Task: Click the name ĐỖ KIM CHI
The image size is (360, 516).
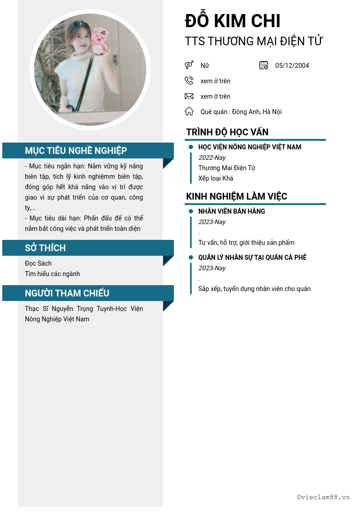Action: click(x=233, y=21)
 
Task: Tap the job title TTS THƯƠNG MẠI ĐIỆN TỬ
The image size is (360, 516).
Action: click(x=254, y=41)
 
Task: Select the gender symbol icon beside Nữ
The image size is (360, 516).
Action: click(x=189, y=65)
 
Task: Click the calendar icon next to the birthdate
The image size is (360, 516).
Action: click(x=264, y=65)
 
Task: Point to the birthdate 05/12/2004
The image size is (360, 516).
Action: click(x=292, y=66)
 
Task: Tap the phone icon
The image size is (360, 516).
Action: click(x=189, y=81)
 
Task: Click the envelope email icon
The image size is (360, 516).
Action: click(x=189, y=96)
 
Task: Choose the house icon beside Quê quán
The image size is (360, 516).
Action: click(x=189, y=111)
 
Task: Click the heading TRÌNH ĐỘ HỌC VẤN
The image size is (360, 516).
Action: click(x=227, y=132)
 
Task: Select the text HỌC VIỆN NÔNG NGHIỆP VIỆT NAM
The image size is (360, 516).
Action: click(x=250, y=147)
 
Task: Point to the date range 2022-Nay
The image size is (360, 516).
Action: click(x=212, y=158)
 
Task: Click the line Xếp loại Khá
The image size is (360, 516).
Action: click(x=216, y=178)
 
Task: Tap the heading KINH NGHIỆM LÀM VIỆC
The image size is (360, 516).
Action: click(x=236, y=196)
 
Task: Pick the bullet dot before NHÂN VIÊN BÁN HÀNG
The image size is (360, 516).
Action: click(x=191, y=211)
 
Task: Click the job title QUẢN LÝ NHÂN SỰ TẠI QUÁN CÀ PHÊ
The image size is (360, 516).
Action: click(x=252, y=258)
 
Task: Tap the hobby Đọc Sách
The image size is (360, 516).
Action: click(x=38, y=263)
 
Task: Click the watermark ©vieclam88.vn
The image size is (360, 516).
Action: click(x=323, y=497)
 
